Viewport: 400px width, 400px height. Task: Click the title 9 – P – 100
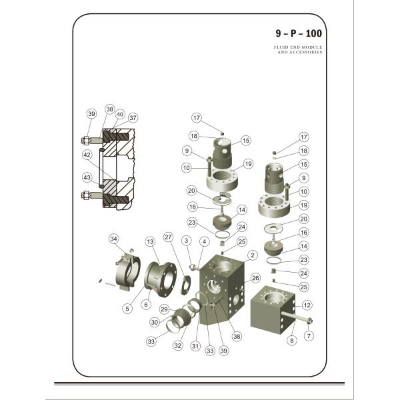[297, 33]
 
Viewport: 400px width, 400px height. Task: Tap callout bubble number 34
[114, 239]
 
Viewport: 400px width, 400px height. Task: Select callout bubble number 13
[150, 241]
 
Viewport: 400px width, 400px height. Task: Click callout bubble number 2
[253, 255]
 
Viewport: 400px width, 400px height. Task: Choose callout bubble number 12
[307, 305]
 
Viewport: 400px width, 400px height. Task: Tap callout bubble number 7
[309, 336]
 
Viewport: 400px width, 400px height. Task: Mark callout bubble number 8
[291, 340]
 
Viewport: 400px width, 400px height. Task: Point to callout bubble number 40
[121, 114]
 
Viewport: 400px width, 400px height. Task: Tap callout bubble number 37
[133, 118]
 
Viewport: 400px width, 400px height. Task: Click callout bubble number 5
[127, 308]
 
